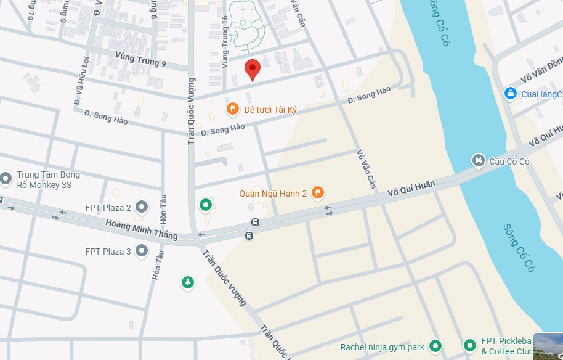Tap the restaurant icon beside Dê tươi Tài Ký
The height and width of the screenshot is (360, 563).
[x=232, y=110]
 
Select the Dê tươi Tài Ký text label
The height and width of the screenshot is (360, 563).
[x=270, y=110]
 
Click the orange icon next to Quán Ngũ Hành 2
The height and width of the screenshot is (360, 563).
[x=317, y=193]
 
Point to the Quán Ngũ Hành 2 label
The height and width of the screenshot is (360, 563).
[x=273, y=194]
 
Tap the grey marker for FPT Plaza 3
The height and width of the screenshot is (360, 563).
[x=142, y=251]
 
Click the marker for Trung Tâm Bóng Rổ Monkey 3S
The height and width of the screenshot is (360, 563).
[x=6, y=179]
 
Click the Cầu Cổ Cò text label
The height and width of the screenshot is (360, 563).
[x=509, y=162]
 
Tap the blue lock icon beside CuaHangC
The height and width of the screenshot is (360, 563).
[x=509, y=94]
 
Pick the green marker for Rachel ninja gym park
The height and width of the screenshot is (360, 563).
[x=435, y=346]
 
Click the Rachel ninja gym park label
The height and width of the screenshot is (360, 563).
[x=382, y=347]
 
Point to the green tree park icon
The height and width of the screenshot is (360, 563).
[x=187, y=282]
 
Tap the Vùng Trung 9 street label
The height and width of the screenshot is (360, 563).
[x=140, y=59]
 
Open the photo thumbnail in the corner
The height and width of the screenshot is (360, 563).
[x=548, y=346]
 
